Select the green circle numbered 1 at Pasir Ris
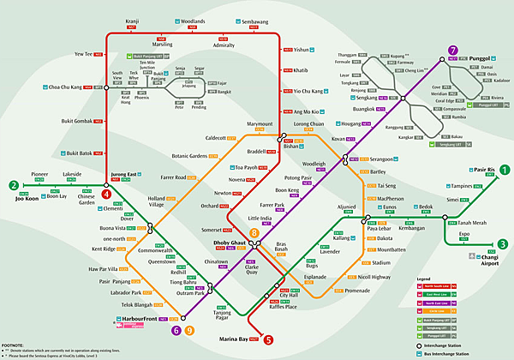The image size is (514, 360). (505, 170)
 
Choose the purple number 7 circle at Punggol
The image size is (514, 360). (452, 51)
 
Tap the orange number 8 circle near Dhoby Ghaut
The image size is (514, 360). (254, 233)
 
